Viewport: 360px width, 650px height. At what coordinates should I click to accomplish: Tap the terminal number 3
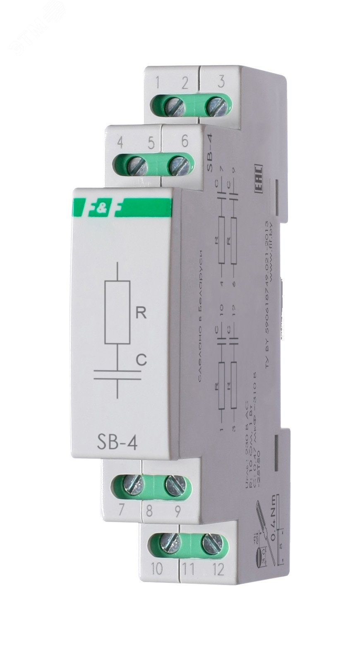point(221,82)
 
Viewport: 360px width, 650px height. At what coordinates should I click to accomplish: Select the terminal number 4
point(120,143)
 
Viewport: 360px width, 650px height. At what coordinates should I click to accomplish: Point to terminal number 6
point(184,141)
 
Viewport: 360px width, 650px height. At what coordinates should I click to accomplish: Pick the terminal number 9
point(177,512)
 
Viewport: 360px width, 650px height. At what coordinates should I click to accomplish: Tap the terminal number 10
point(158,570)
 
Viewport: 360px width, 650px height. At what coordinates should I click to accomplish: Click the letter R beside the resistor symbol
point(141,313)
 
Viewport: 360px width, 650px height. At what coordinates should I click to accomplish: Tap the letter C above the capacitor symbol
point(142,360)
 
